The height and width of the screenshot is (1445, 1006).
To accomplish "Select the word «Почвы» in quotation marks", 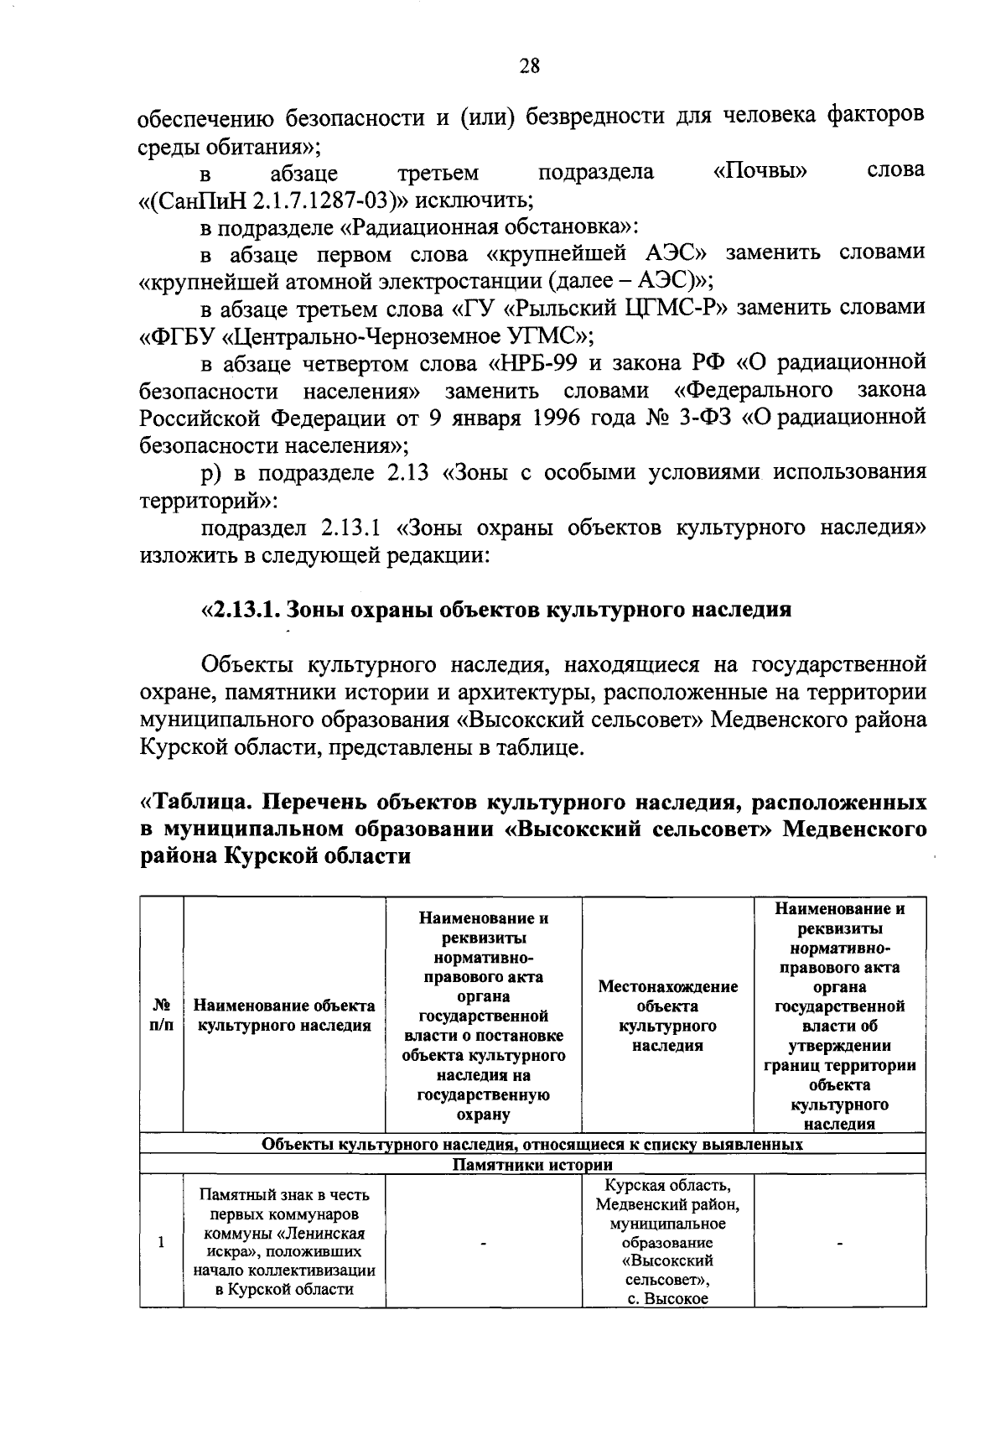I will pyautogui.click(x=760, y=172).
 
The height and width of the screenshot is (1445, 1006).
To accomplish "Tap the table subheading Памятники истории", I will pyautogui.click(x=532, y=1165).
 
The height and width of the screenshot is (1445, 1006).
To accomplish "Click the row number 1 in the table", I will pyautogui.click(x=161, y=1242).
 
